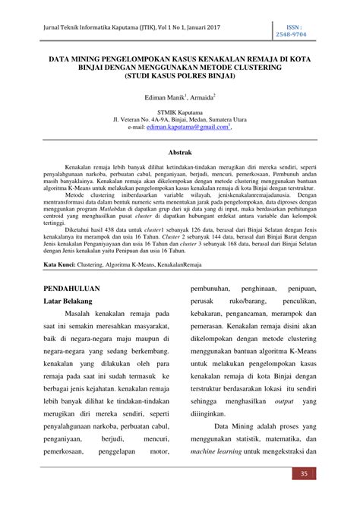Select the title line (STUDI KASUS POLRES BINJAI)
(x=180, y=77)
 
